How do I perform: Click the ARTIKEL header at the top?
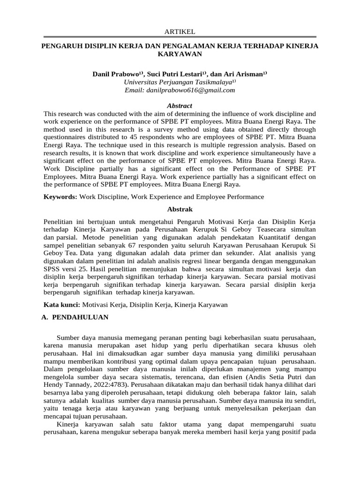click(180, 31)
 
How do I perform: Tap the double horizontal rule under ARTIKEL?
click(180, 37)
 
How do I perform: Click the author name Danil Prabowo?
click(117, 74)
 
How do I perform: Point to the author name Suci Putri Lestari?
click(176, 74)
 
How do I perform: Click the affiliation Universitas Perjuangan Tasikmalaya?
click(178, 82)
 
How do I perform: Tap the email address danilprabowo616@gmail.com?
click(180, 90)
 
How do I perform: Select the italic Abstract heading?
click(180, 106)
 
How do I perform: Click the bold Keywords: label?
click(60, 197)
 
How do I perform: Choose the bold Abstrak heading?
click(180, 209)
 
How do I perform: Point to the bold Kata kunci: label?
click(61, 305)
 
